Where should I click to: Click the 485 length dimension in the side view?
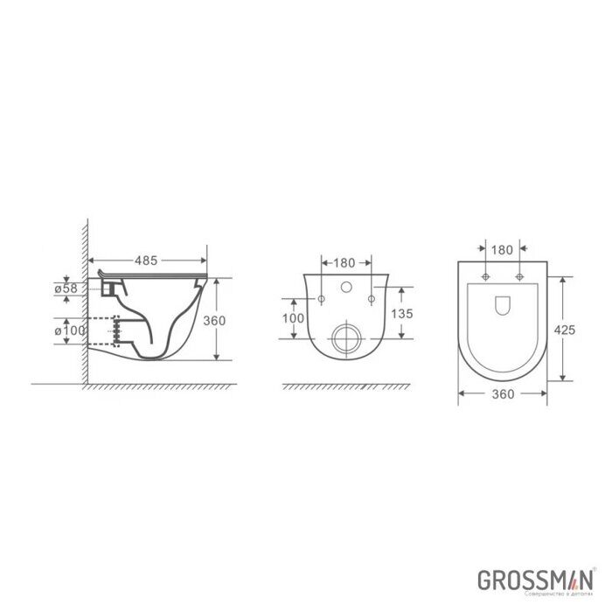[x=148, y=261]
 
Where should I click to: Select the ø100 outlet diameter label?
[x=66, y=330]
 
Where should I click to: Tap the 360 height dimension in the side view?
[x=215, y=321]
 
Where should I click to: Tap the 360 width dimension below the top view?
[x=503, y=393]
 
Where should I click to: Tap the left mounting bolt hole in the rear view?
[x=322, y=300]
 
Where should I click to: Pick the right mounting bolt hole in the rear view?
[x=371, y=300]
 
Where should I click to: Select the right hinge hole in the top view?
[x=519, y=277]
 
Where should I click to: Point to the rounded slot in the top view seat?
[x=503, y=304]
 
